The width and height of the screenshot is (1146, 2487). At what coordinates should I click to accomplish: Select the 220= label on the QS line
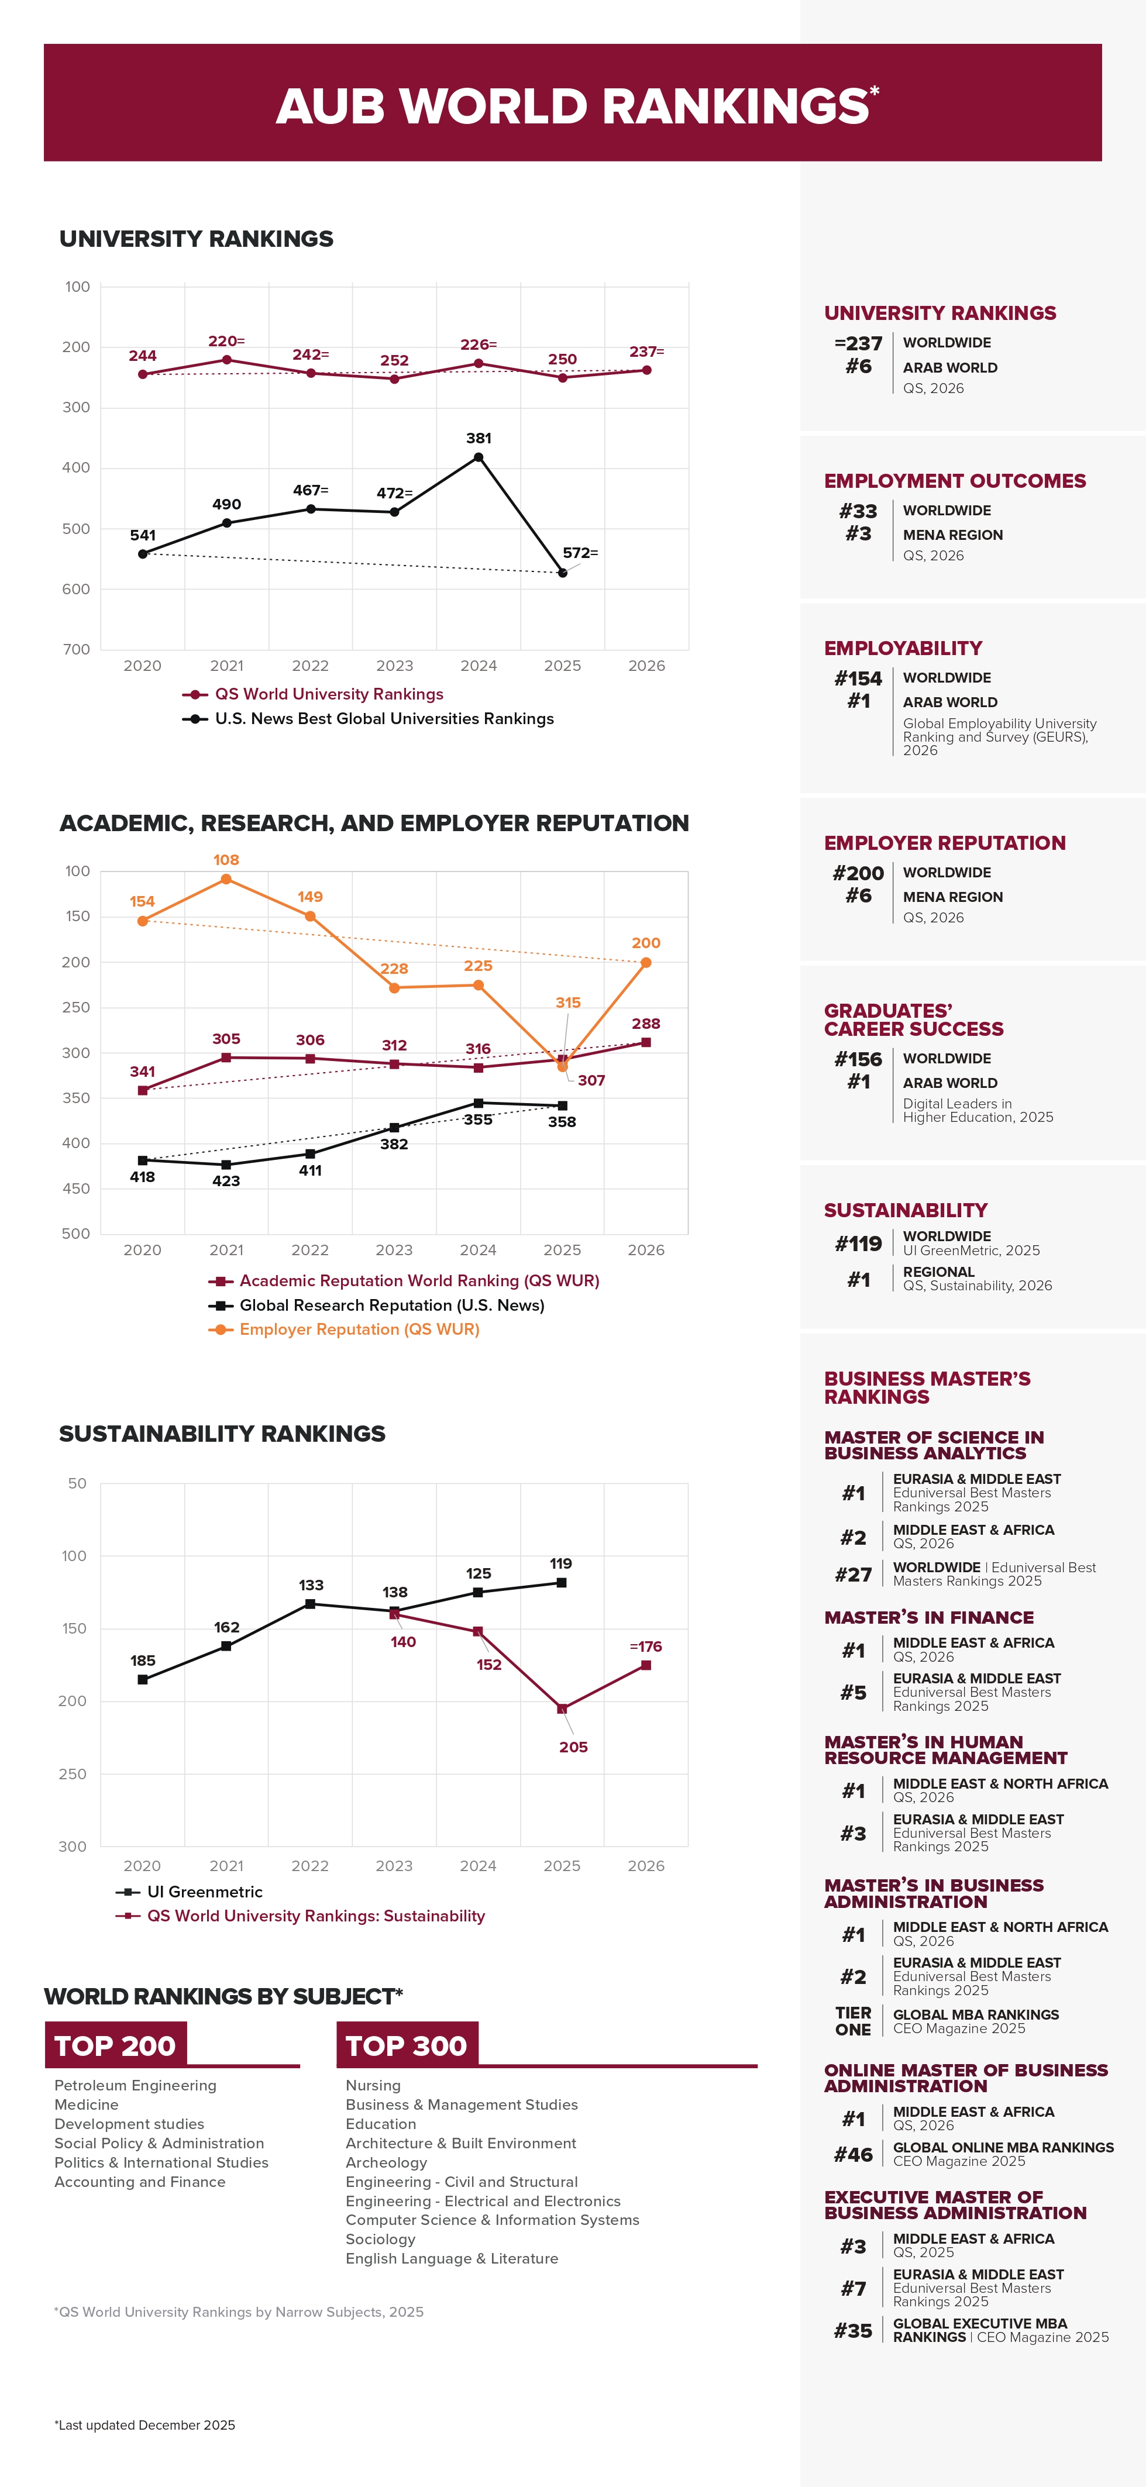226,342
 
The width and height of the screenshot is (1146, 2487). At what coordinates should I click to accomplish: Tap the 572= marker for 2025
563,573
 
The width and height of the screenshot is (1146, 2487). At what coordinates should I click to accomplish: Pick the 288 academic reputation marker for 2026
646,1043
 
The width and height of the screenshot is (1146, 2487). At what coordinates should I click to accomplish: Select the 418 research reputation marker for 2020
143,1160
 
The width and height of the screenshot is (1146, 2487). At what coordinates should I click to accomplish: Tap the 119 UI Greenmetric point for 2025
562,1582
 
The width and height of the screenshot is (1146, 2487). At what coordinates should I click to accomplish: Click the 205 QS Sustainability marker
562,1709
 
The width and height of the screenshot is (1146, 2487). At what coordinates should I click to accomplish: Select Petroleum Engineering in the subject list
135,2085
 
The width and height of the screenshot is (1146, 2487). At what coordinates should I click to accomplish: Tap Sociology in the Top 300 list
380,2239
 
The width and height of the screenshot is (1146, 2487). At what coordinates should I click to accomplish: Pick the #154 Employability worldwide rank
858,678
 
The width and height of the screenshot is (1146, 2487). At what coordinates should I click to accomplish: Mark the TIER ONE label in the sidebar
854,2021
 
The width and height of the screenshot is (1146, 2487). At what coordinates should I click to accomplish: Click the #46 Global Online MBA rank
854,2154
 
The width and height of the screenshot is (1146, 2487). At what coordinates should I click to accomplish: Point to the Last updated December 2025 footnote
145,2425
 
